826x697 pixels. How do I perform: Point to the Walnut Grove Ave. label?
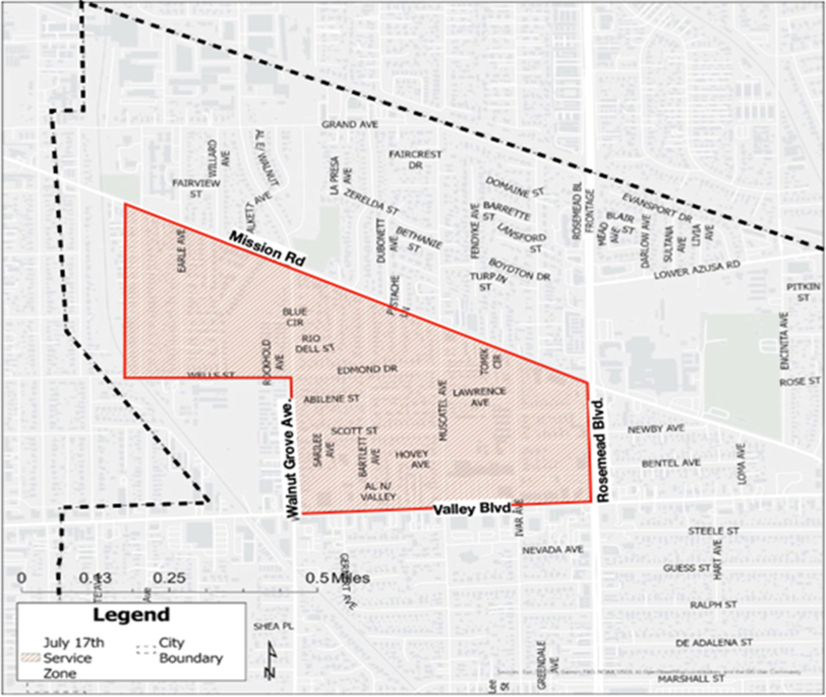click(291, 459)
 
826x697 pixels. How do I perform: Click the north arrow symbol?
click(271, 661)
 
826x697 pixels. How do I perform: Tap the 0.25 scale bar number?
click(169, 578)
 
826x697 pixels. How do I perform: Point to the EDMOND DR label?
click(366, 369)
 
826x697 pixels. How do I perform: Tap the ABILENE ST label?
click(332, 399)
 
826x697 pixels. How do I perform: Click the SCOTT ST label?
click(354, 430)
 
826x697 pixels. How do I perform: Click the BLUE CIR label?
click(294, 316)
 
